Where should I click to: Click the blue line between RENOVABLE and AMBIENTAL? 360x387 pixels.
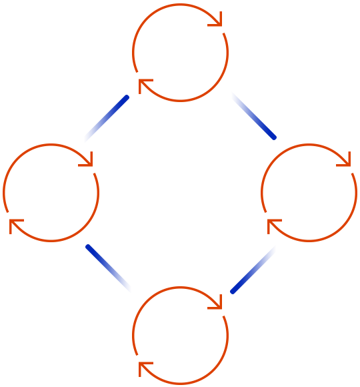click(x=107, y=118)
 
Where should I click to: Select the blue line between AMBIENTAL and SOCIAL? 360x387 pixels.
click(x=253, y=115)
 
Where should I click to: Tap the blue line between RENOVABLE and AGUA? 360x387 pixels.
click(x=109, y=268)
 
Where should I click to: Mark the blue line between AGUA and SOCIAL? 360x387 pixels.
click(x=253, y=269)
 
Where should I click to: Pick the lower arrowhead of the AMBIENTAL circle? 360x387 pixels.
click(x=145, y=85)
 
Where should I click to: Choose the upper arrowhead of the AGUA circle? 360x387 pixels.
click(x=216, y=302)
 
